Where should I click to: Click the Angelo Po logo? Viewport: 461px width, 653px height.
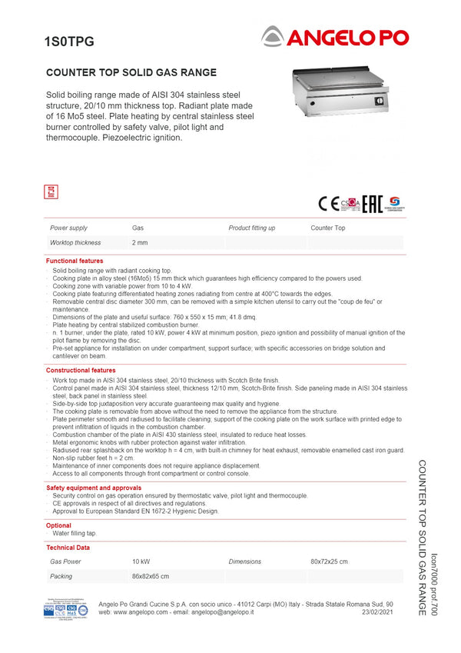335,36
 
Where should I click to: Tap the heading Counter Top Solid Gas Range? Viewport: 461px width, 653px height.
131,73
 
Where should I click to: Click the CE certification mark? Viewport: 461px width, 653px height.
328,204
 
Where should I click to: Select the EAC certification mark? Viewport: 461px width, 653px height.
373,204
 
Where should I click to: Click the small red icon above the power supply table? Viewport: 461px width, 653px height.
52,192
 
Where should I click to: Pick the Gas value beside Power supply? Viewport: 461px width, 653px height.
138,228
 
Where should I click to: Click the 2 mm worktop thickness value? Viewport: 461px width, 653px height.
140,243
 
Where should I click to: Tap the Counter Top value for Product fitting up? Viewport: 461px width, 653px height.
328,228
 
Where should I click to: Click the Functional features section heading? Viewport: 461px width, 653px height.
75,262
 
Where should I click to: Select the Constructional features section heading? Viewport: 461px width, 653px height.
81,371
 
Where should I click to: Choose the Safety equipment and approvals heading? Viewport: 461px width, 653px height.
94,488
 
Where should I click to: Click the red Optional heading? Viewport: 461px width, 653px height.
58,525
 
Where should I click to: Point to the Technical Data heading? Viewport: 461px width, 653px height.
68,548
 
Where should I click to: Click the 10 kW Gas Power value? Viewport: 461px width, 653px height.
141,562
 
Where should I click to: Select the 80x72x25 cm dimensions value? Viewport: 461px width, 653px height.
329,562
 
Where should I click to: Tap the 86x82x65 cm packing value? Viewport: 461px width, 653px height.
151,576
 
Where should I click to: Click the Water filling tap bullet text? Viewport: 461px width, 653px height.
75,533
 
